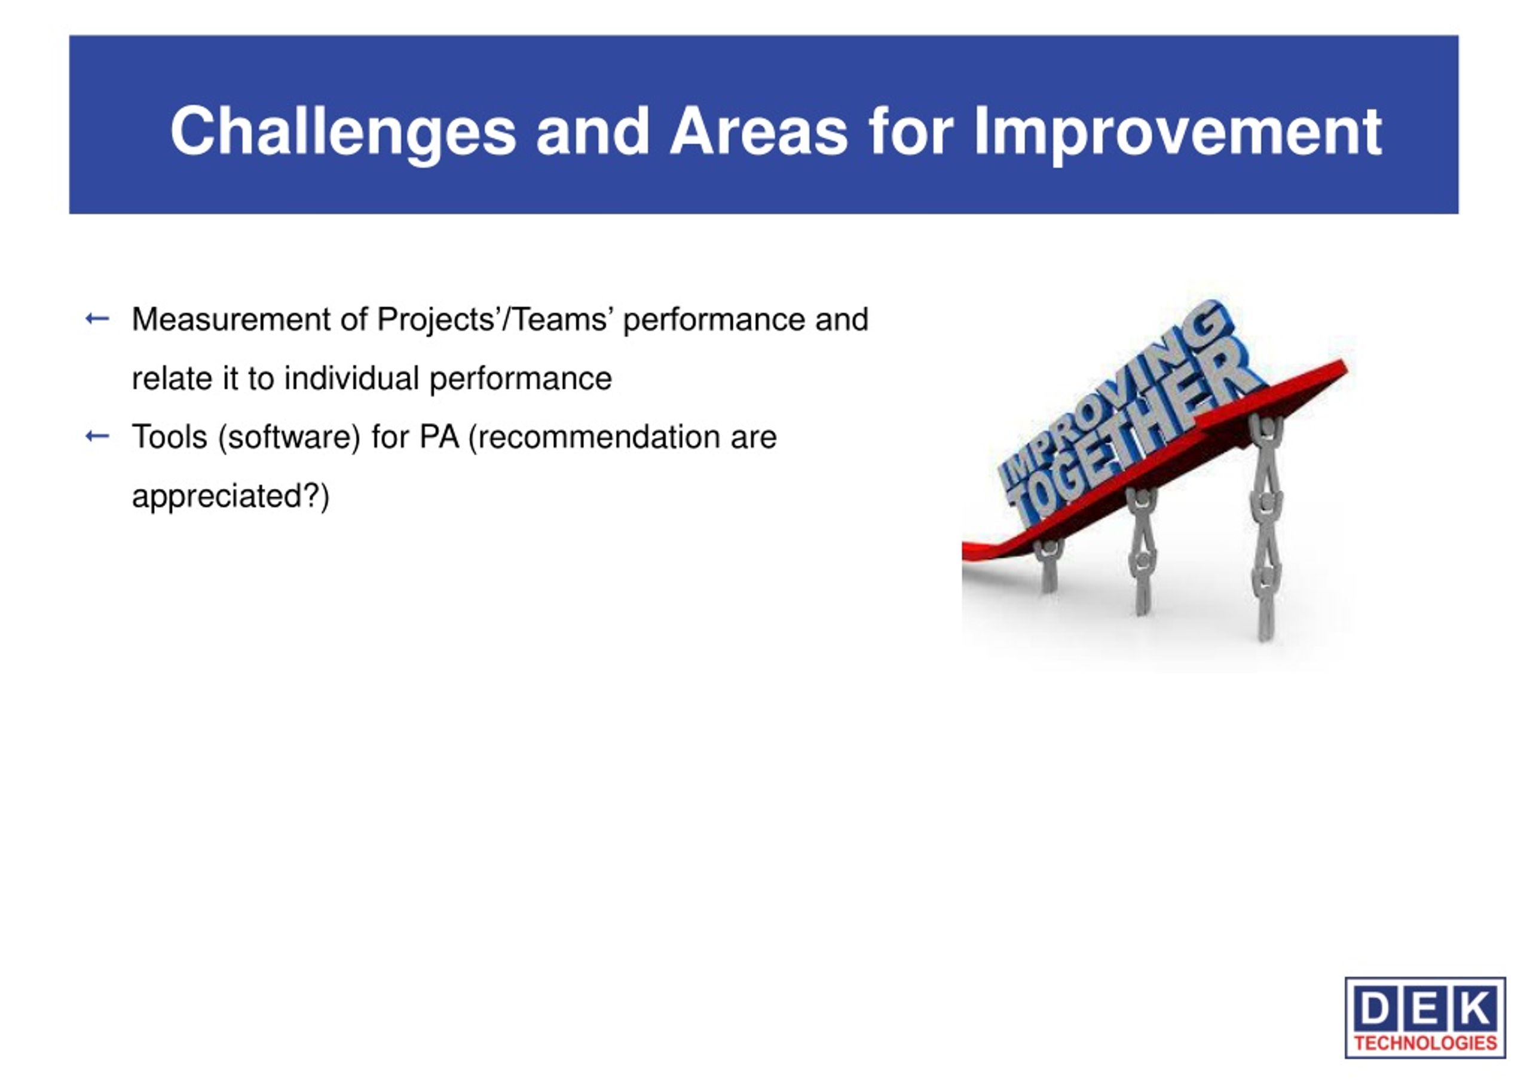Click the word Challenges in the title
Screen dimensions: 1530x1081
(343, 132)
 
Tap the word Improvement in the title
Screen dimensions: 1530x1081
(1177, 132)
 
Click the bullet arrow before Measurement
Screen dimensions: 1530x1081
(97, 319)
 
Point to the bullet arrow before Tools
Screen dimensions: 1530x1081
(97, 437)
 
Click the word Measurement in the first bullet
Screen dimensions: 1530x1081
(231, 319)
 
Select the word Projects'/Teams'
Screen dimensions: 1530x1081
(492, 320)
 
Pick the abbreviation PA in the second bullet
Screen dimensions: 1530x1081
(439, 437)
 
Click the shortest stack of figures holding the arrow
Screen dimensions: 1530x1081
(1048, 565)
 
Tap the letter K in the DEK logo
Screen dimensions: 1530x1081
(1476, 1009)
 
